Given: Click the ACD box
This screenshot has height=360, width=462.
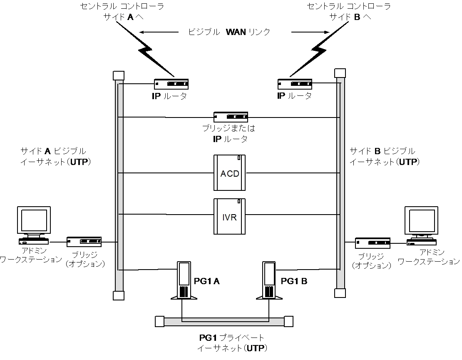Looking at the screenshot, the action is [229, 172].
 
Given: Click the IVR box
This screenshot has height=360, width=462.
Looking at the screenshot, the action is [229, 217].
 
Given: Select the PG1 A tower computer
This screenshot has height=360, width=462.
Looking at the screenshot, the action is [184, 280].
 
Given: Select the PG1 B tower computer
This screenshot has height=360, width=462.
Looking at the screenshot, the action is [269, 280].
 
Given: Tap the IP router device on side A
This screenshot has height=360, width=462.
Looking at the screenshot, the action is [171, 84].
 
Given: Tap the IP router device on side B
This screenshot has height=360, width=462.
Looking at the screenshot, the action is [295, 84].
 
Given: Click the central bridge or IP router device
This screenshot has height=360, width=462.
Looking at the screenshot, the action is [231, 117].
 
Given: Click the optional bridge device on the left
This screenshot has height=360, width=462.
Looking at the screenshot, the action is [84, 242].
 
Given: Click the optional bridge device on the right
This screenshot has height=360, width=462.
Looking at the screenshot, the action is [373, 243].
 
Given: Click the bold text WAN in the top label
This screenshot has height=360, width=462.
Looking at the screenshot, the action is [236, 32].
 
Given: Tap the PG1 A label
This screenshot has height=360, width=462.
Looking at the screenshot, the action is [207, 281].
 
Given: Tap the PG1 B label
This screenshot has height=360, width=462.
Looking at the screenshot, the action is [294, 281].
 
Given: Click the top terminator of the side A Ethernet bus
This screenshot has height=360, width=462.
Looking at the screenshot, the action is [119, 75].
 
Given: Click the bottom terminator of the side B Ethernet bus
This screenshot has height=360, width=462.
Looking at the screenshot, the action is [340, 293].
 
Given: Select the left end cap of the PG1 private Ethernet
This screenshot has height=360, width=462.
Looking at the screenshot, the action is [159, 322].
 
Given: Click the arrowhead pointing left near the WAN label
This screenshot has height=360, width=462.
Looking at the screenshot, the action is [142, 32].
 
